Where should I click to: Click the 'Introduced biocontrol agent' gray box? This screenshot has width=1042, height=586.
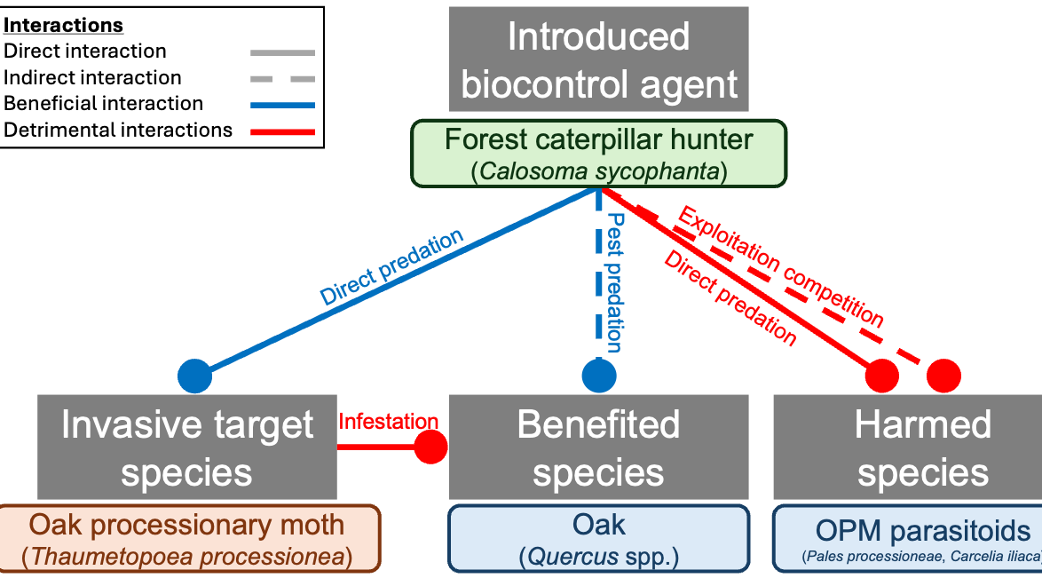pos(599,60)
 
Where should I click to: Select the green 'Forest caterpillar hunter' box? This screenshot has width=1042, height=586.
pos(599,154)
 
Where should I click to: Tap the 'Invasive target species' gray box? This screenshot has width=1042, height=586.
pos(186,447)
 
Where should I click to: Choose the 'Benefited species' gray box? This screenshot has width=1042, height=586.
pos(598,447)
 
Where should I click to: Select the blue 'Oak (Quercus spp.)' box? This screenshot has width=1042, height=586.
pos(598,538)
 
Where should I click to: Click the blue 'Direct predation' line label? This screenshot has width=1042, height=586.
pos(391,268)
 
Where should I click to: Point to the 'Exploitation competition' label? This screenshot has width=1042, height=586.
pos(781,265)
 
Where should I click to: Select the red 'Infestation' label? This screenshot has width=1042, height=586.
pos(388,422)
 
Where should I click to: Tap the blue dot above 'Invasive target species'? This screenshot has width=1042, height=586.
pos(194,376)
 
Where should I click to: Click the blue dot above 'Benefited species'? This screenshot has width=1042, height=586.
pos(599,376)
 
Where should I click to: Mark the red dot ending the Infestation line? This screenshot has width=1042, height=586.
pos(432,447)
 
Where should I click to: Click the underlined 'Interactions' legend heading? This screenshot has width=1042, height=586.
pos(64,26)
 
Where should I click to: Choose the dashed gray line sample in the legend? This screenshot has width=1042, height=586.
pos(282,78)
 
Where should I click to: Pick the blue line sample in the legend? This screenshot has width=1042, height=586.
pos(282,105)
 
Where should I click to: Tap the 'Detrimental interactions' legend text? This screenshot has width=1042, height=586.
pos(118,131)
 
